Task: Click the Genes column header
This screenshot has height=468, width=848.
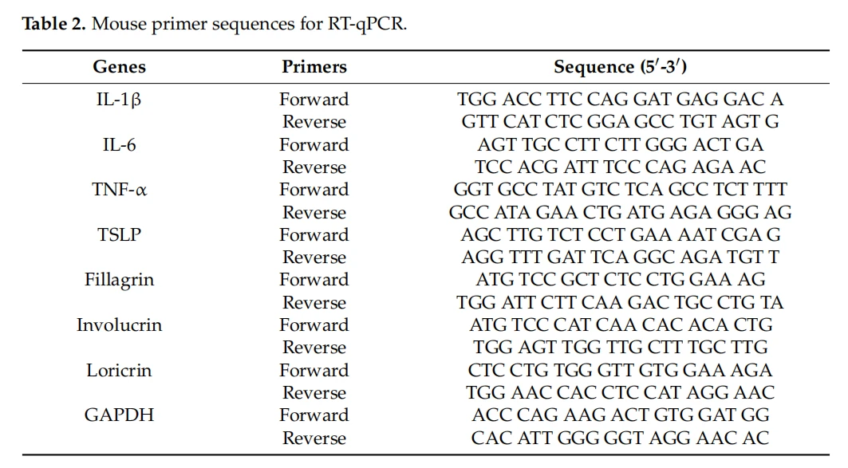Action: (119, 66)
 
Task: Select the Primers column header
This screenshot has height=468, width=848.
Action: (314, 66)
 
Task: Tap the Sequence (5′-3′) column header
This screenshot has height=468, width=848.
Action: (621, 66)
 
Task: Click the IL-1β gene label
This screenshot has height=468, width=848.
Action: (118, 100)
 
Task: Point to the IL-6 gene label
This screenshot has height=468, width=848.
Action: (119, 145)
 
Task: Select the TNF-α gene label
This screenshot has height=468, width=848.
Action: (119, 190)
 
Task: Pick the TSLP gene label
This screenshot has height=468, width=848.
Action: (119, 234)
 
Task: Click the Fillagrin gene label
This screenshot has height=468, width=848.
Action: (119, 280)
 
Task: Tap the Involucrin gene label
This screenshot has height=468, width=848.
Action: (119, 324)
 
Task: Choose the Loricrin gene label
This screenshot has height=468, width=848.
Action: (119, 370)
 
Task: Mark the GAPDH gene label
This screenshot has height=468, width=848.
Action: (119, 415)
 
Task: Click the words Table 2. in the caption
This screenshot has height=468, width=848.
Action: (54, 24)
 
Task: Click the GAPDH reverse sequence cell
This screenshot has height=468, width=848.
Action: (621, 438)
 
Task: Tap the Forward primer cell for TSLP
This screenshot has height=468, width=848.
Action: (314, 234)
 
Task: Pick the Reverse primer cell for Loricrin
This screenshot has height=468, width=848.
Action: (314, 393)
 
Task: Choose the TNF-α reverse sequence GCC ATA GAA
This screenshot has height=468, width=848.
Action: (514, 212)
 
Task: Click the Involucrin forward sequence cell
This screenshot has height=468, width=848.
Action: (621, 324)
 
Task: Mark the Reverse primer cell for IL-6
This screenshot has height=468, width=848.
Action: (314, 167)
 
